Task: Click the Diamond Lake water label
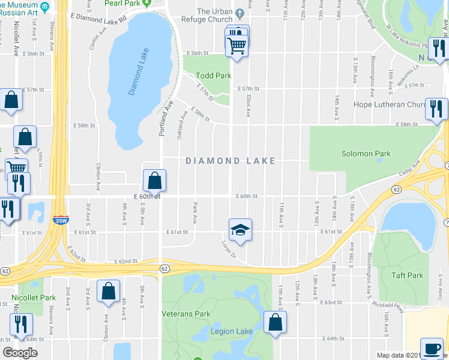point(138,71)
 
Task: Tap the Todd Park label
point(214,76)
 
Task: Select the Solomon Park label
point(366,154)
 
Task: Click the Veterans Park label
point(186,314)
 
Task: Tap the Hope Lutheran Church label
point(390,104)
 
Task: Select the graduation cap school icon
point(240,230)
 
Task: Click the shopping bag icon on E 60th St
point(154,180)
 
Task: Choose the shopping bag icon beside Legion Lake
point(274,322)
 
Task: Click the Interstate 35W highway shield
point(59,220)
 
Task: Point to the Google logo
point(20,353)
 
